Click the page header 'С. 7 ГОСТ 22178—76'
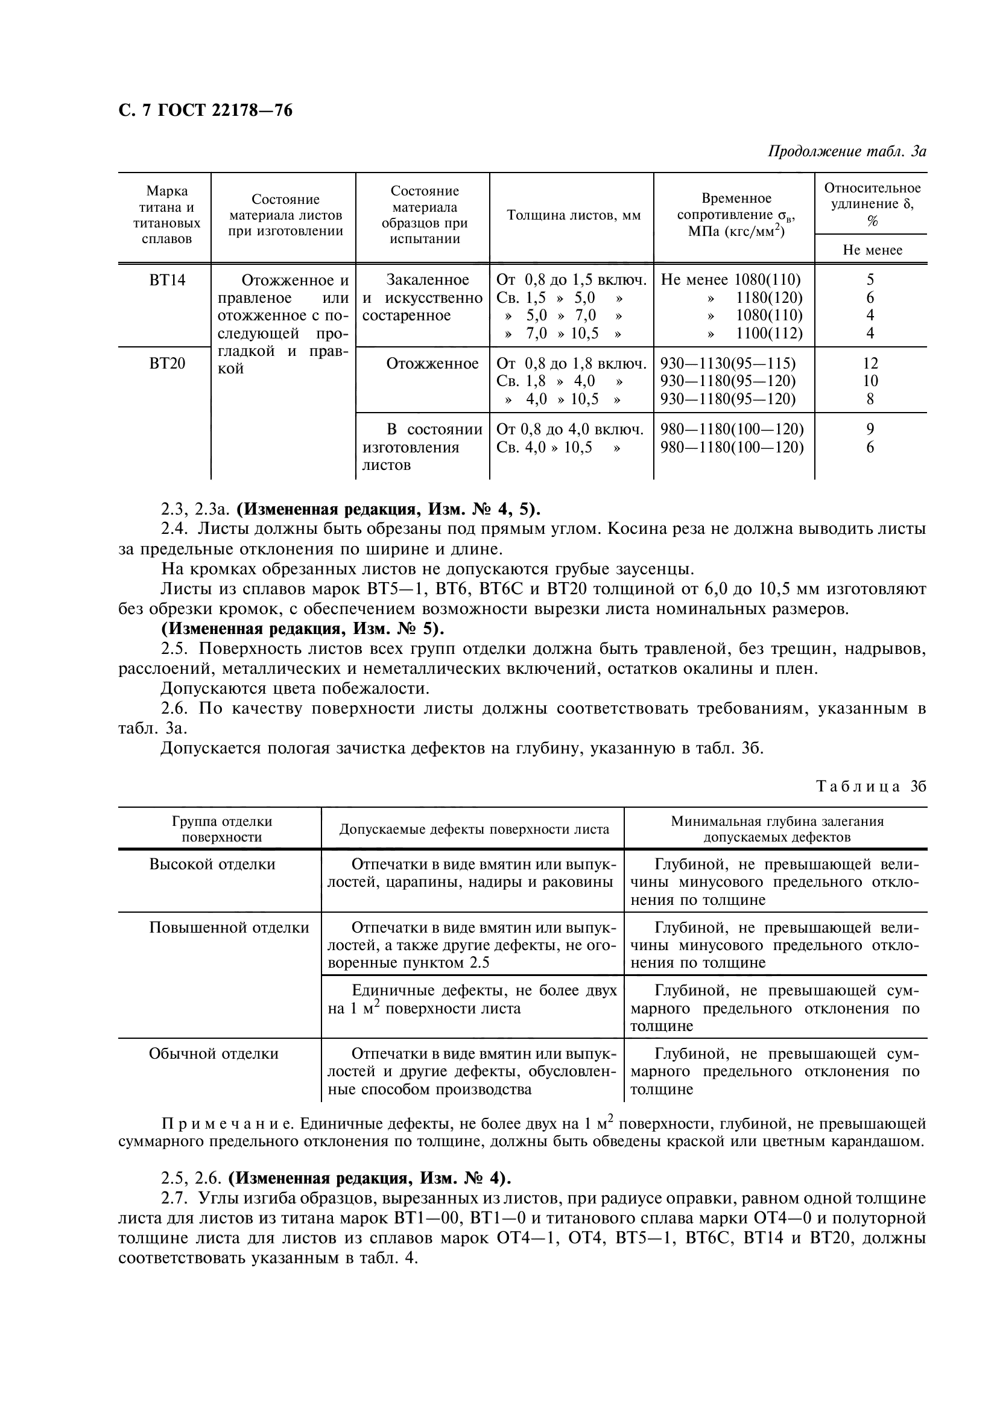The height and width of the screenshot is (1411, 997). click(205, 110)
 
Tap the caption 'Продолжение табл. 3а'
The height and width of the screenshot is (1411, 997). click(847, 151)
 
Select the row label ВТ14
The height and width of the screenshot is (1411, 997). click(167, 281)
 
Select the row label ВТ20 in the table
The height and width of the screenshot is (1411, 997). click(167, 364)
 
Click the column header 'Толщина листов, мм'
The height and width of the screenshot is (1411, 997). click(573, 216)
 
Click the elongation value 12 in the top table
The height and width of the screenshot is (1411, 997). click(870, 364)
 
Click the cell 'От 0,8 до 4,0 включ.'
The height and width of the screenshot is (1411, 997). click(569, 430)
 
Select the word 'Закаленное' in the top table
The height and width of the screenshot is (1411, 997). click(428, 281)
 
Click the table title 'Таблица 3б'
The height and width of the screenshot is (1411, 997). click(870, 787)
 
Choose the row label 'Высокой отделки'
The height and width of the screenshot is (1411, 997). click(212, 864)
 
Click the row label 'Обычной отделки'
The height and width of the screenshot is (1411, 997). click(213, 1054)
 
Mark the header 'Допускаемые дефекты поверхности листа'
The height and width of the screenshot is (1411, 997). click(473, 829)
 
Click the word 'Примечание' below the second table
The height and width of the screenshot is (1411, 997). click(227, 1124)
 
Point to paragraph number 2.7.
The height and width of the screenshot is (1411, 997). click(174, 1199)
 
